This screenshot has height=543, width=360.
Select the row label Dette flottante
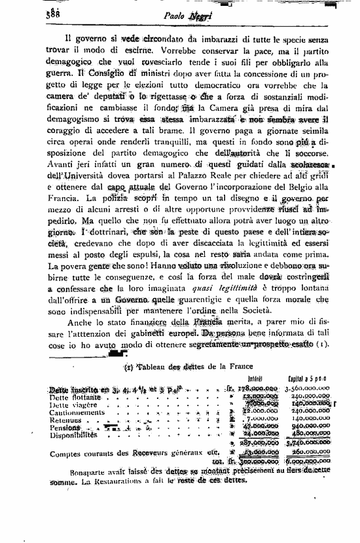tap(75, 397)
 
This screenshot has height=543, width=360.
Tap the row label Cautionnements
tap(77, 413)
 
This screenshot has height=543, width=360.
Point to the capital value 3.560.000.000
tap(308, 388)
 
